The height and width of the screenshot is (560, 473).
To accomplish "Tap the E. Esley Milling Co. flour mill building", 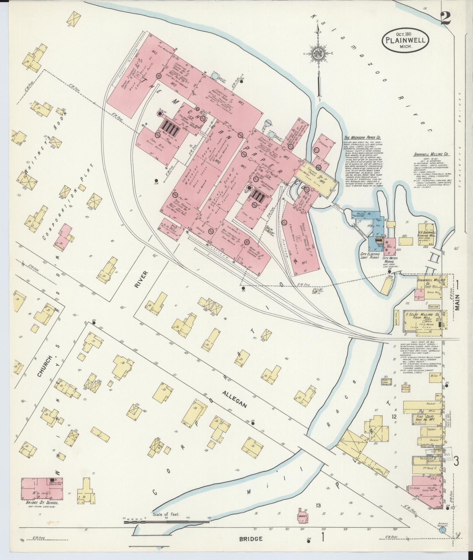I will pyautogui.click(x=423, y=321).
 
